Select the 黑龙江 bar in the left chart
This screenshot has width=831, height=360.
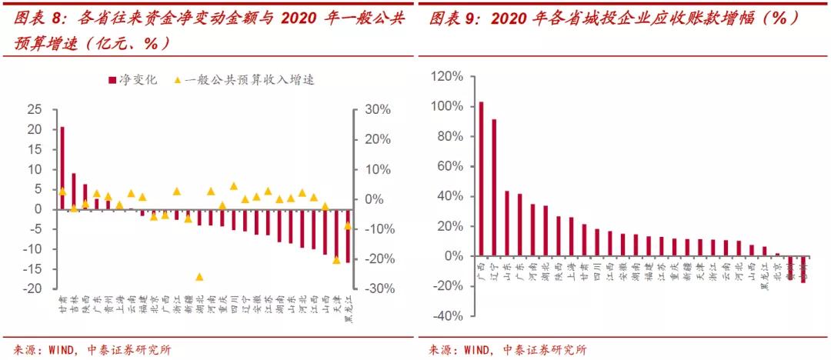point(347,235)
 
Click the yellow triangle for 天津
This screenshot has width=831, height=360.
point(336,260)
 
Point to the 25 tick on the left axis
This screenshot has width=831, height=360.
point(34,110)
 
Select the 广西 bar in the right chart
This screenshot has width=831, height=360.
point(482,178)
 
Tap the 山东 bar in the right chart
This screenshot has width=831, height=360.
point(507,223)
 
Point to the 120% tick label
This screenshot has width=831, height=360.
point(448,77)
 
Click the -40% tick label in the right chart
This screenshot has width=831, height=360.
point(448,316)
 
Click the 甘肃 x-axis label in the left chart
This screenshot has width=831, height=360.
point(62,305)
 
